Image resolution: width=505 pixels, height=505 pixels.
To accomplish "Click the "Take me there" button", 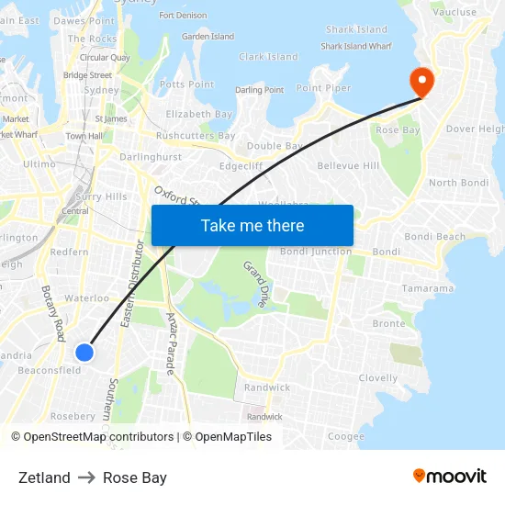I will pos(252,225).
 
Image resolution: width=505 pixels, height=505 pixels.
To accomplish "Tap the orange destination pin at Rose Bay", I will pos(422,81).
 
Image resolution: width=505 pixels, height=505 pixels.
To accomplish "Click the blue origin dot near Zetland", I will pos(84,353).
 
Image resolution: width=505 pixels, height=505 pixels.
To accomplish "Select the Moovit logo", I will pos(449,477).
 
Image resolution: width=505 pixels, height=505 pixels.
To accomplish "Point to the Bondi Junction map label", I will pos(316,252).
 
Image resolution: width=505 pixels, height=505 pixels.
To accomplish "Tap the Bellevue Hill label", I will pos(348,166).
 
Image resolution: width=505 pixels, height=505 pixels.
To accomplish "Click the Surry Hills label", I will pos(102,196).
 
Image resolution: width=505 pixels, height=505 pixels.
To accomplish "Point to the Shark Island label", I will pos(356,30).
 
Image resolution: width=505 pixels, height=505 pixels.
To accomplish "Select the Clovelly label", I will pos(378,378).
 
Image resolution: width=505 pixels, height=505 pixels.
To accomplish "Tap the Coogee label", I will pos(346,437).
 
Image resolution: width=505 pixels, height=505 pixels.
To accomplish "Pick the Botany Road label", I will pos(54,313).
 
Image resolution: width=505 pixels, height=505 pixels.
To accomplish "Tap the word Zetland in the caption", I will pos(44,477).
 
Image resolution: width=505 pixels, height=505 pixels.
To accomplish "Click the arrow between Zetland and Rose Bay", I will pos(86,477).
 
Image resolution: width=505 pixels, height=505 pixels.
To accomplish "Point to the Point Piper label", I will pos(323,88).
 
